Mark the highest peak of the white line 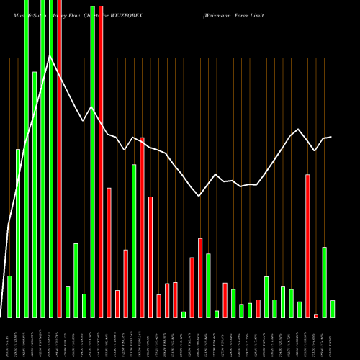coord(50,56)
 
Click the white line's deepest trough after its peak coord(199,196)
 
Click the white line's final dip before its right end coord(315,150)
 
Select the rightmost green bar coord(333,308)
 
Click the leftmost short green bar coord(9,296)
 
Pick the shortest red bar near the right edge coord(316,315)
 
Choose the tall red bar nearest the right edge coord(307,246)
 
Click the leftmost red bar coord(59,158)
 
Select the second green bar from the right coord(324,282)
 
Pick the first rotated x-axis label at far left coord(9,338)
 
